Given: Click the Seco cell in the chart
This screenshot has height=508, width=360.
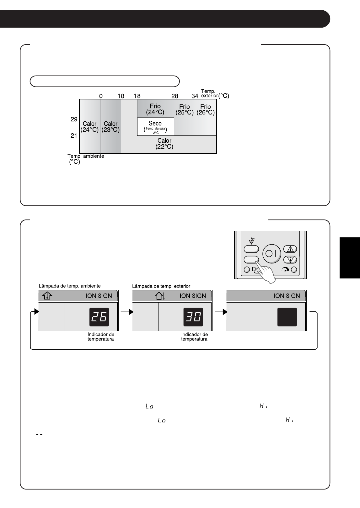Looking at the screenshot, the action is [x=155, y=127].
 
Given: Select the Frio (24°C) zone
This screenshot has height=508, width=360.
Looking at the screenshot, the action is [x=155, y=108].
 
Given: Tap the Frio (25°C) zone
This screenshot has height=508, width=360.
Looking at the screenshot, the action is [x=185, y=117].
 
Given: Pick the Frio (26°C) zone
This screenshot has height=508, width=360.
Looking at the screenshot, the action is [x=206, y=117].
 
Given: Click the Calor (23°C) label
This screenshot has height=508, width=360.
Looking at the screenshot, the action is [x=110, y=127].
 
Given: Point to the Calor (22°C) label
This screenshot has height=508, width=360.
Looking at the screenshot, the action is [x=164, y=144].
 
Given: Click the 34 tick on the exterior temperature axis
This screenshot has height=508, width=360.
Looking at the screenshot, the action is [x=195, y=96].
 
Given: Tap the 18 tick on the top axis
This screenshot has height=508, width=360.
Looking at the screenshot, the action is [x=137, y=96].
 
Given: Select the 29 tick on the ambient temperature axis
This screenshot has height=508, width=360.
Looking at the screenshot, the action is [x=74, y=119].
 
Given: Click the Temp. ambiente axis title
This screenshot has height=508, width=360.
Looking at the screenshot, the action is [x=86, y=159].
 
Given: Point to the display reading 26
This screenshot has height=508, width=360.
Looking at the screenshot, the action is [x=99, y=317].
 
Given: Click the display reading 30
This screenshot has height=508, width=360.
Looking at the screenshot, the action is [x=193, y=317].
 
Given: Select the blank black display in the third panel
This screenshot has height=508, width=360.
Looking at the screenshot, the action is [x=287, y=317].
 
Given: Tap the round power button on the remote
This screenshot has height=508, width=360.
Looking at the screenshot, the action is [x=272, y=254].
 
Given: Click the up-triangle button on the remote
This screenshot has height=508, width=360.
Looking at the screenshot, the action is [x=290, y=249].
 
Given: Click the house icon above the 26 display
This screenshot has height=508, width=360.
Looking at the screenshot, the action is [x=47, y=295].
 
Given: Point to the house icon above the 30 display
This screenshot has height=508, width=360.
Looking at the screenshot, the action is [x=160, y=296].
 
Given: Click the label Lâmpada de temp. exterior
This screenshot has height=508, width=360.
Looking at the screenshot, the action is [x=161, y=286].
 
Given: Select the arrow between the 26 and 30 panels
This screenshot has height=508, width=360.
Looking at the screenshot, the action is [x=127, y=312].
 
